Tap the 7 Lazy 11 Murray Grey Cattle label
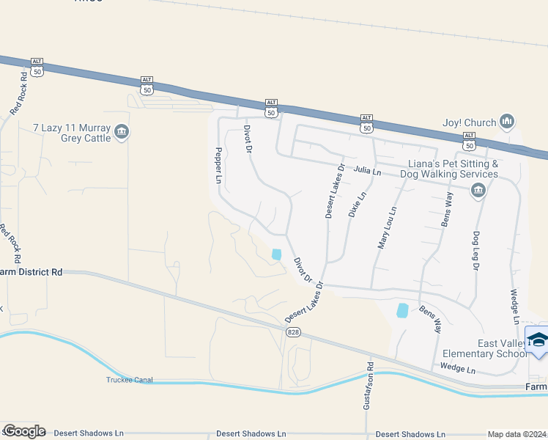click(73, 133)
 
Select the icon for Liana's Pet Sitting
click(478, 191)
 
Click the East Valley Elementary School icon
click(538, 341)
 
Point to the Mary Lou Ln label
click(387, 228)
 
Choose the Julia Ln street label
click(368, 171)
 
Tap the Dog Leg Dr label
click(474, 253)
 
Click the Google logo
click(23, 431)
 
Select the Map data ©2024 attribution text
click(516, 434)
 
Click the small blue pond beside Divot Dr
click(276, 254)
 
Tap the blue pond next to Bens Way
click(402, 310)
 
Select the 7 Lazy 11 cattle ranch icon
click(122, 133)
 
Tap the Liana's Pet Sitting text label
click(453, 169)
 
